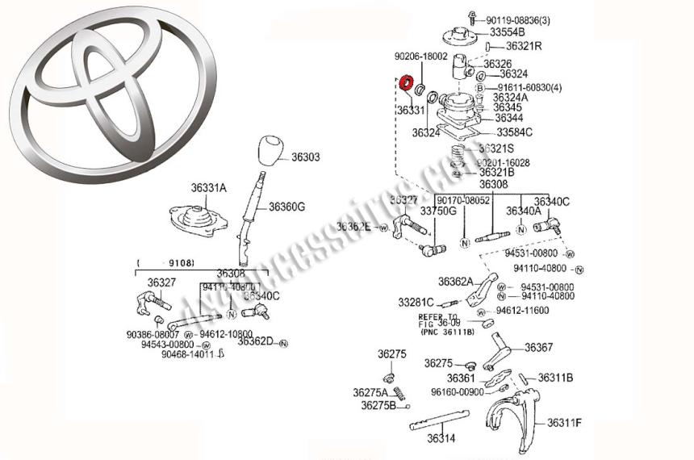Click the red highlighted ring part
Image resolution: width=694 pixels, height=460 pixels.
click(x=407, y=82)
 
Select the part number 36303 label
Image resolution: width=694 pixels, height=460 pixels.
click(x=306, y=158)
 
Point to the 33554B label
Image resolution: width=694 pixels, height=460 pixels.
click(x=507, y=32)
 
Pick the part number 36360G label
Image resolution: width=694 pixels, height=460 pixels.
click(x=286, y=207)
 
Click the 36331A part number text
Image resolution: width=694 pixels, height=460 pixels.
click(x=208, y=188)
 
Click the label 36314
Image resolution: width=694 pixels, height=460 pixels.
click(x=441, y=439)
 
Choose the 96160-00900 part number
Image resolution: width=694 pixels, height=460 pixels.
click(x=457, y=392)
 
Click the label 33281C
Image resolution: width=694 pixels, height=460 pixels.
click(x=416, y=302)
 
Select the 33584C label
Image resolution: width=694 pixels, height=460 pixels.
click(x=514, y=132)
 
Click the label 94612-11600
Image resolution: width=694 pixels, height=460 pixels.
click(x=522, y=310)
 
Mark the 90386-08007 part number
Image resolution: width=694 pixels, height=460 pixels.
click(x=153, y=333)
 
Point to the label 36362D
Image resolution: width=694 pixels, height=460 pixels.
click(x=255, y=341)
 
